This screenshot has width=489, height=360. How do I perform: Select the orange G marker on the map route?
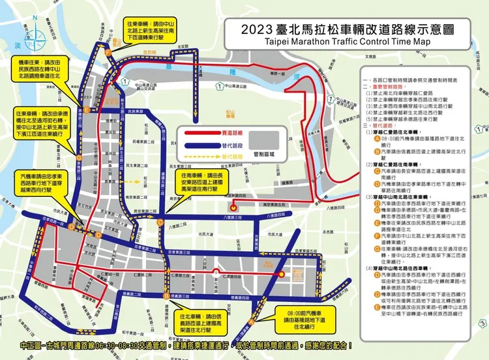click(x=78, y=158)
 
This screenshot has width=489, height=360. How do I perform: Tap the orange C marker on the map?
click(x=160, y=222)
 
